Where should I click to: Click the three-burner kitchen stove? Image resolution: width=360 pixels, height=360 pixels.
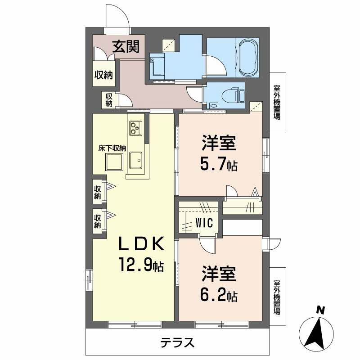tap(135, 128)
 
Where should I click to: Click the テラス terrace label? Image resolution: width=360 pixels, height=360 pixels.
tap(178, 343)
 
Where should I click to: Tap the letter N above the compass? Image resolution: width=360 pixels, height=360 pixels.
tap(320, 310)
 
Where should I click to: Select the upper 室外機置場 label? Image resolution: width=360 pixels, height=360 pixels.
tap(277, 103)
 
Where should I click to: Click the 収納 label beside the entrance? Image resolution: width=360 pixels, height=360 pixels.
tap(103, 76)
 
